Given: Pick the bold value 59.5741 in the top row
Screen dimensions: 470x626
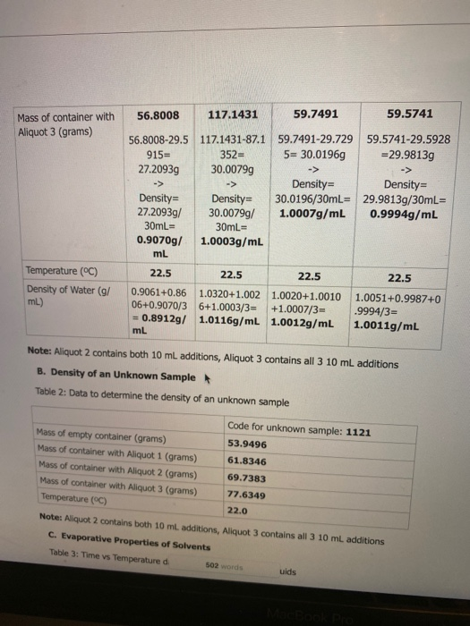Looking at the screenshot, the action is pyautogui.click(x=410, y=114).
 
